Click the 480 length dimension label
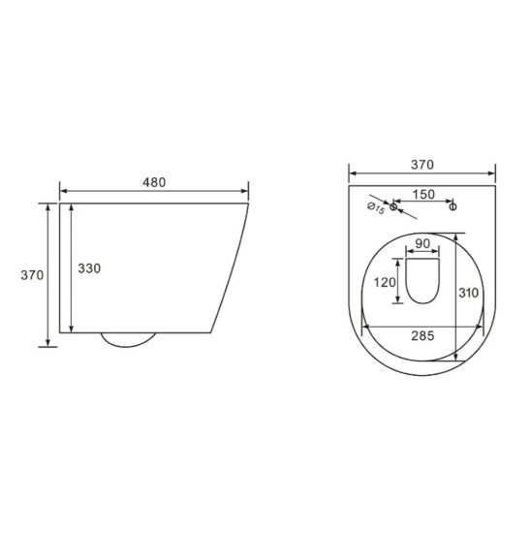point(154,181)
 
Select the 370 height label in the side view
point(32,274)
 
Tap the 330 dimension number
point(88,267)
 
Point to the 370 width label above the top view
point(422,166)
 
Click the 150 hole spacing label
point(422,194)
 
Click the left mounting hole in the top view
point(393,206)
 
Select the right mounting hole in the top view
point(452,206)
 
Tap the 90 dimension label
point(422,245)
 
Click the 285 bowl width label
point(422,336)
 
